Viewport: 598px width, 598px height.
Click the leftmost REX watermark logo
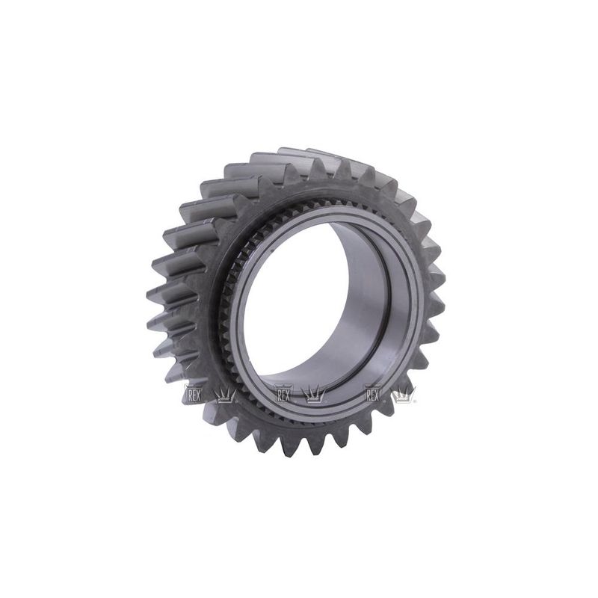click(x=193, y=394)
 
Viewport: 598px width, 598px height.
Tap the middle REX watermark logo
click(x=283, y=394)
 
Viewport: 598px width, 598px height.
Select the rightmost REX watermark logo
click(x=373, y=394)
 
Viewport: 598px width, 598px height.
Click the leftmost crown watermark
click(x=226, y=395)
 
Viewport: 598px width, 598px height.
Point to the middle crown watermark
click(x=314, y=395)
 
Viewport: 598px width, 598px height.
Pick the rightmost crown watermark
click(x=404, y=395)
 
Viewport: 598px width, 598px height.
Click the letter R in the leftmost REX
click(x=188, y=396)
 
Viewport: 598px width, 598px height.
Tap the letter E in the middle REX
click(x=283, y=396)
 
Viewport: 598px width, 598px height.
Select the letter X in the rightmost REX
click(x=377, y=396)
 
